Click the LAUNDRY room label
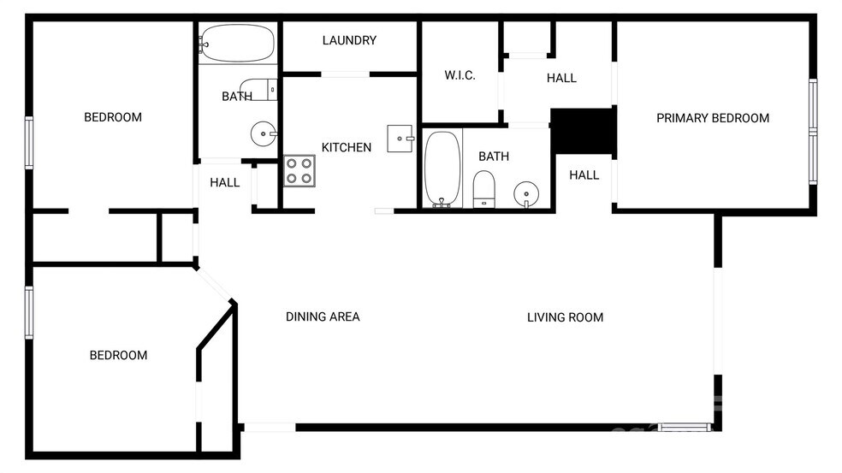pos(349,40)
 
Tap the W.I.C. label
pos(460,75)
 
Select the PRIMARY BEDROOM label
pos(712,118)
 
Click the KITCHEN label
pos(346,147)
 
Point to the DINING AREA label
pos(323,316)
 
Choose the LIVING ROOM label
pos(565,317)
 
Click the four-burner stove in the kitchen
pos(299,170)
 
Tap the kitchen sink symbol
pos(400,138)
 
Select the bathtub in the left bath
pos(237,42)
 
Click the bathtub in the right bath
pos(442,169)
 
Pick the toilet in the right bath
pos(484,188)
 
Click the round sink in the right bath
pos(525,195)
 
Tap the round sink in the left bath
pos(263,133)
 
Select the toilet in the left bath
pos(266,88)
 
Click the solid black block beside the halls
pos(583,131)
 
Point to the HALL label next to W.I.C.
pos(561,78)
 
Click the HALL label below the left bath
pos(225,182)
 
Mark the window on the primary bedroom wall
pos(812,131)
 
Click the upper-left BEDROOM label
pos(112,117)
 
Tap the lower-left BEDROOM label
pos(118,355)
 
